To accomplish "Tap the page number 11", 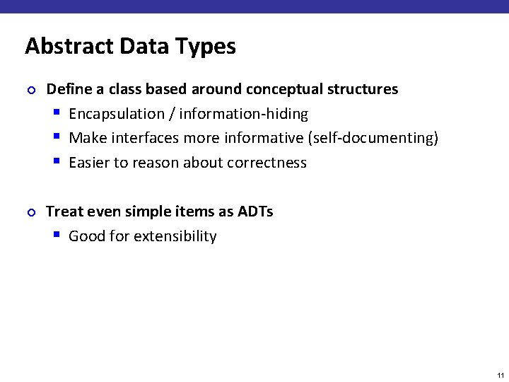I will click(x=501, y=375).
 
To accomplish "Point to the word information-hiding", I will click(x=244, y=114).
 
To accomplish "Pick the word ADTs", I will click(x=255, y=212).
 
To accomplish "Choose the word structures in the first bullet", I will click(x=363, y=89).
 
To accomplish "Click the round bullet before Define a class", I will click(x=30, y=90).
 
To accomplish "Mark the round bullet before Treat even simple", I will click(x=30, y=212).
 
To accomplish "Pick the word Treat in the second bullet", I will click(x=62, y=212).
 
